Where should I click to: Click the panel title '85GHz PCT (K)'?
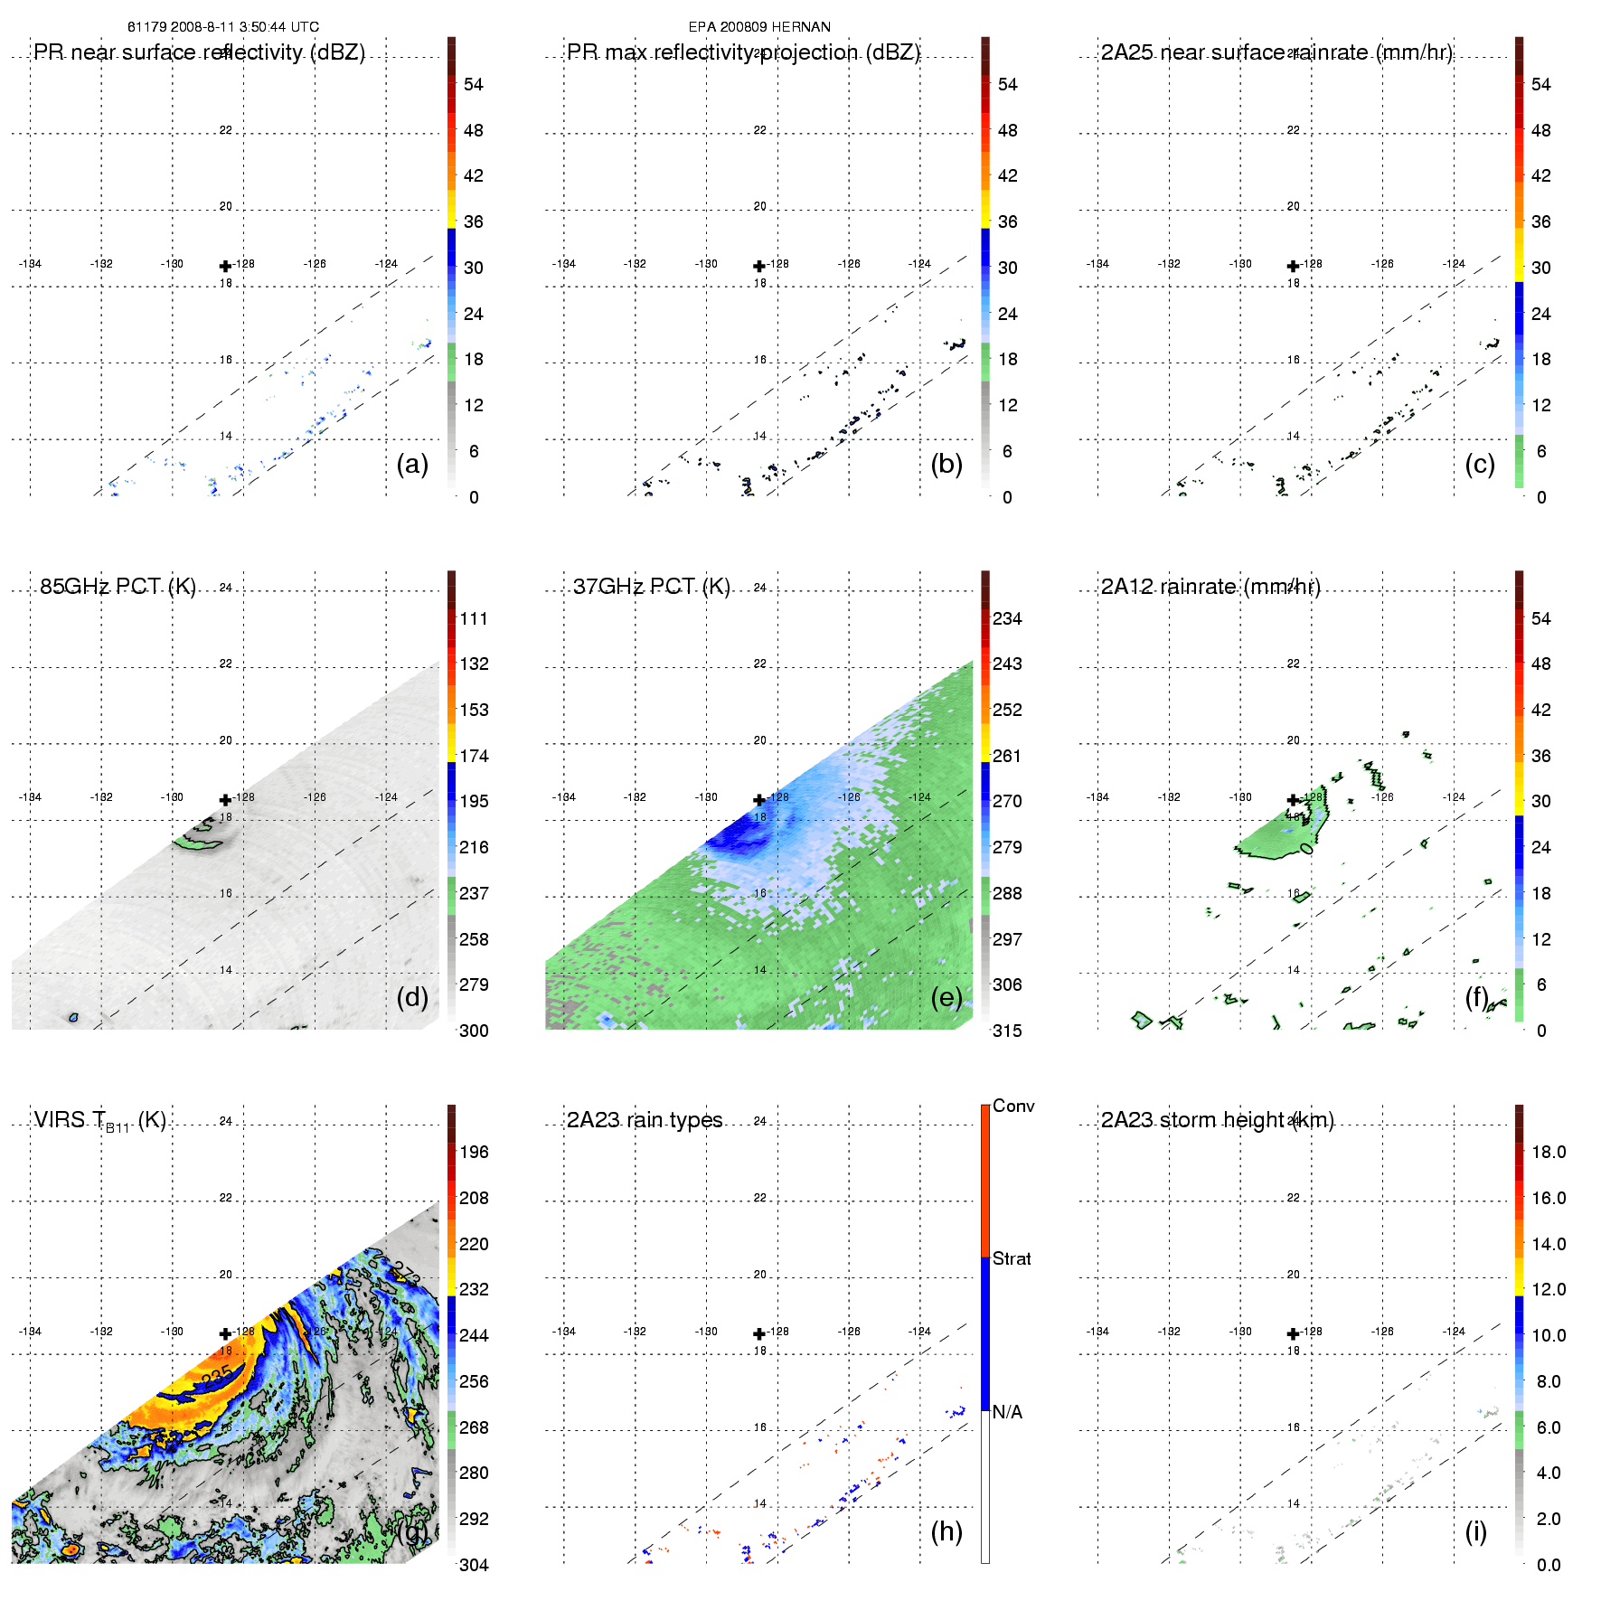click(118, 587)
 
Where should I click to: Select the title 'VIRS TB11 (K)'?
click(99, 1121)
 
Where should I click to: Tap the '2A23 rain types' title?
click(645, 1120)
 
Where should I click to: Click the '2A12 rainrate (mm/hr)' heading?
click(1210, 587)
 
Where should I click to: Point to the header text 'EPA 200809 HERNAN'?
click(759, 27)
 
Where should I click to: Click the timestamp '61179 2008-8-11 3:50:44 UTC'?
click(223, 27)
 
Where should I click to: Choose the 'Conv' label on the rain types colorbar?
click(1013, 1107)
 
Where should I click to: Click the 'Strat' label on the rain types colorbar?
click(1012, 1259)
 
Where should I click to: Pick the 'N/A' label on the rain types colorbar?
click(1007, 1412)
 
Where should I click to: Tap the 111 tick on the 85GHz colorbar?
click(474, 619)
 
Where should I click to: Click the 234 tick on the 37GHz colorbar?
click(1007, 619)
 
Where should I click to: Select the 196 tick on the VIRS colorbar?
click(474, 1153)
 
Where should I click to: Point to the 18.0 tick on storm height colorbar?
click(1549, 1153)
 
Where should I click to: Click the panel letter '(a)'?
click(412, 464)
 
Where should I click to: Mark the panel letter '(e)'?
click(946, 997)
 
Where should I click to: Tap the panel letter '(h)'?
click(946, 1530)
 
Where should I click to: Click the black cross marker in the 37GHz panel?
click(759, 800)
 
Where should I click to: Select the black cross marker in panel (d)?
click(225, 800)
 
